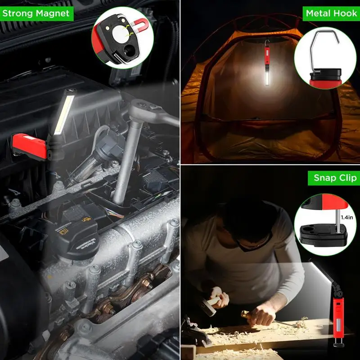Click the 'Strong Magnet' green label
(36, 13)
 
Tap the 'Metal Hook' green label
(331, 13)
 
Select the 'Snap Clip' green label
(334, 178)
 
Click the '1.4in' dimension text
(348, 217)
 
